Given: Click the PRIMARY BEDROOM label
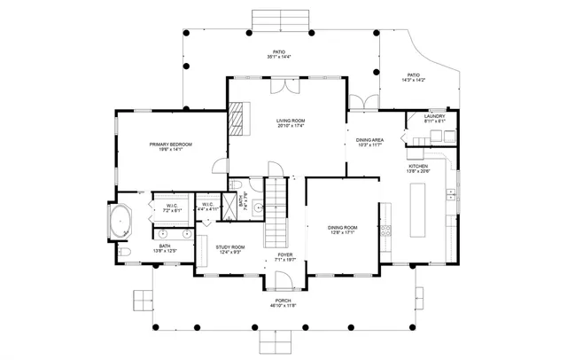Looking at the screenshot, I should [170, 144].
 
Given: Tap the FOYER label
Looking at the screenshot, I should [285, 254].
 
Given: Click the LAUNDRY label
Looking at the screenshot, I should [434, 116].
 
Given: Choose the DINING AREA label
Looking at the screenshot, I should [369, 139].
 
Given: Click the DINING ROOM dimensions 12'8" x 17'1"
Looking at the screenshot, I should [343, 232].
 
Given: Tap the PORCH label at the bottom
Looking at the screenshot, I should [285, 301].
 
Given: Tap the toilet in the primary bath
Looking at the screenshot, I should [125, 253].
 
